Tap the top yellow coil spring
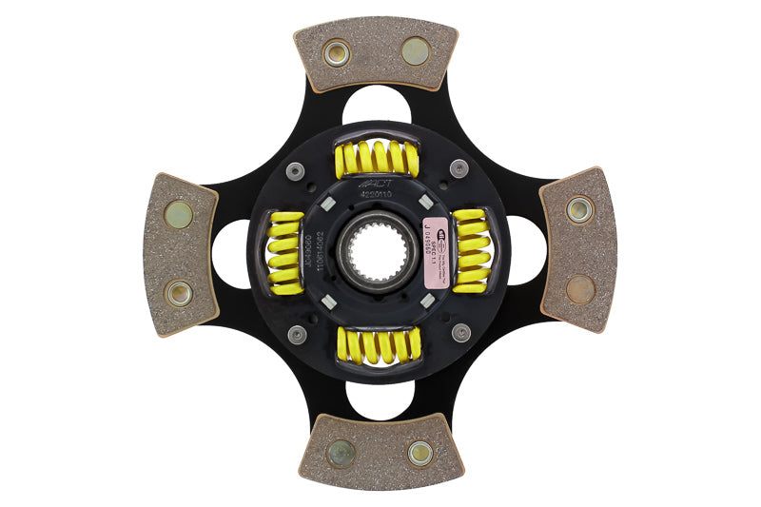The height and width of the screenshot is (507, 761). coord(377,158)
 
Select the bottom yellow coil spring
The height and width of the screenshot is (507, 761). coord(378,344)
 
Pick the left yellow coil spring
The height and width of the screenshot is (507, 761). coord(285,252)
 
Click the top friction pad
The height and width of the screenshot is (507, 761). coord(376,52)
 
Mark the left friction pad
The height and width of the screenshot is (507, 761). coord(180,253)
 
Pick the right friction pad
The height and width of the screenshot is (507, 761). coord(578,249)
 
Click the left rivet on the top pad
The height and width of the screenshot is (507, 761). coord(337,53)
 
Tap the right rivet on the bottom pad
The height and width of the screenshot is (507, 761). coord(420,453)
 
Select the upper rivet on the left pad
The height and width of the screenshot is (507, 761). coord(178,215)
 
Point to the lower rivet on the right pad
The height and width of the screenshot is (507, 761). coord(578,288)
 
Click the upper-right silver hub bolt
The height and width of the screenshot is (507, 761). coord(459,168)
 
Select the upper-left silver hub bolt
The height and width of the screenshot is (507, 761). coord(296,171)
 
